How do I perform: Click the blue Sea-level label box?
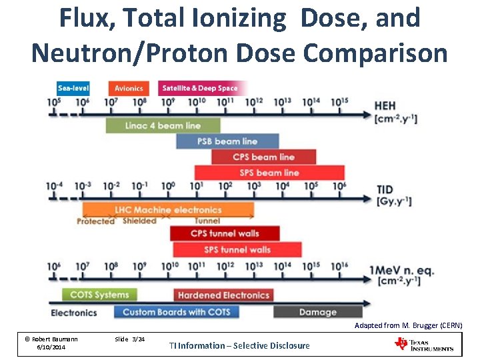click(x=73, y=88)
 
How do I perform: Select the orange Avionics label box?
click(x=129, y=88)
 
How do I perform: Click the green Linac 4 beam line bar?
click(x=163, y=125)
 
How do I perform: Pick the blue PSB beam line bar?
click(x=227, y=141)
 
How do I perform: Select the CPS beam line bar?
click(x=263, y=157)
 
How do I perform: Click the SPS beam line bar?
click(x=269, y=173)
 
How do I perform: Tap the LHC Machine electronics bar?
click(x=167, y=210)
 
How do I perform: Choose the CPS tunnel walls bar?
click(x=225, y=233)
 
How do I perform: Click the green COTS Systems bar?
click(x=99, y=295)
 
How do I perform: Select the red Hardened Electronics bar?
click(x=223, y=295)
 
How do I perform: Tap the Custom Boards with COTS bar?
click(x=177, y=312)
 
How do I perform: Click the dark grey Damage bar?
click(x=317, y=312)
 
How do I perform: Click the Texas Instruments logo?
click(x=424, y=344)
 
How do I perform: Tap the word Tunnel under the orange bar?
click(x=207, y=221)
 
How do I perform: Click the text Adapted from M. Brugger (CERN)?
click(x=408, y=325)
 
